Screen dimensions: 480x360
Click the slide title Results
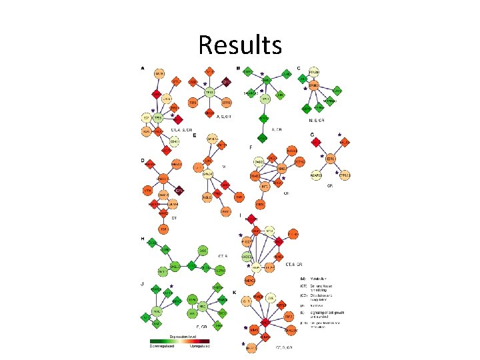[x=240, y=45]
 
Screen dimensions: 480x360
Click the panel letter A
[x=142, y=67]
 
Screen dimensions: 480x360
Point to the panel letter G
[x=311, y=135]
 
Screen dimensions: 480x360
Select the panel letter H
[x=142, y=238]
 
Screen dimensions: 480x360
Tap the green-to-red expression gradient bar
[x=180, y=342]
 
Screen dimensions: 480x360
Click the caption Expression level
[x=181, y=337]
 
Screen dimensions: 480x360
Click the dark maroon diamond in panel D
[x=179, y=191]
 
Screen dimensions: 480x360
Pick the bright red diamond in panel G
[x=315, y=142]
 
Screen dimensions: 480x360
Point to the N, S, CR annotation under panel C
[x=315, y=121]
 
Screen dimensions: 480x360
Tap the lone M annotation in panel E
[x=224, y=165]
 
